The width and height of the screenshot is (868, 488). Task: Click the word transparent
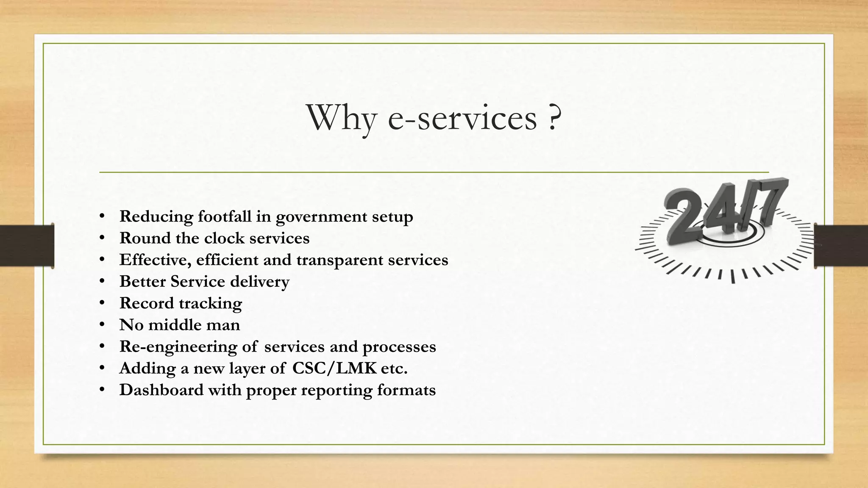point(340,260)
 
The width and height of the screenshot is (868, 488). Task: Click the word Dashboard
point(161,390)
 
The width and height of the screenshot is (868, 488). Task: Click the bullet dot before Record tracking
point(102,303)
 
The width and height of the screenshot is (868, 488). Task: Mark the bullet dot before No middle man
point(102,325)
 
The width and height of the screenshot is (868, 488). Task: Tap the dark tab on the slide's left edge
point(27,246)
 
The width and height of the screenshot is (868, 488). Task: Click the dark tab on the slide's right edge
point(841,246)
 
